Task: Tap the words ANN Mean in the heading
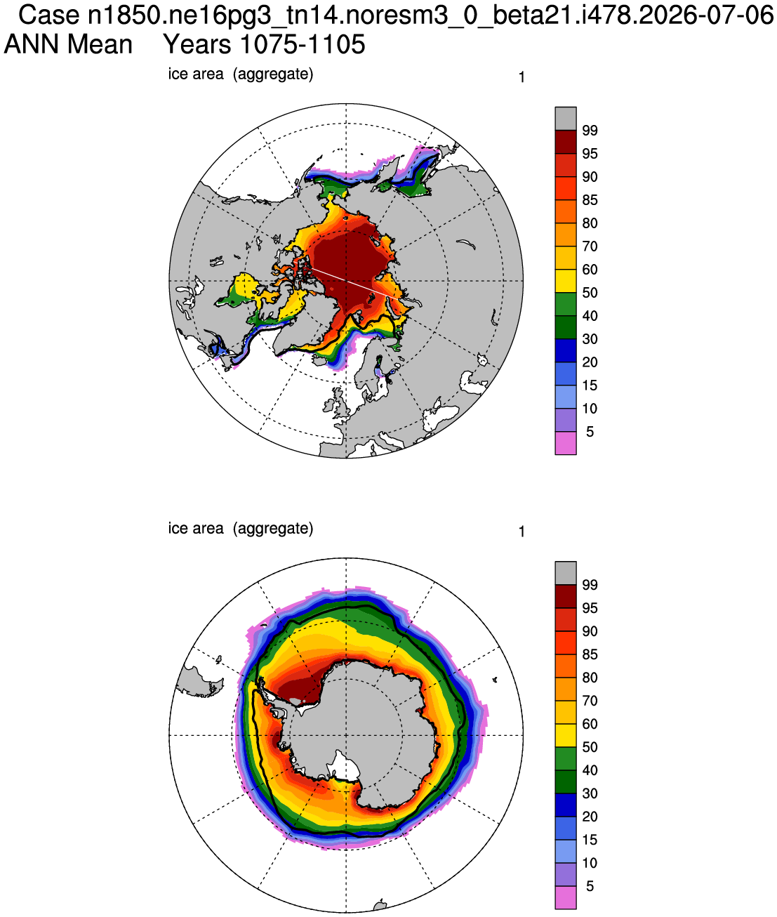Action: [x=68, y=44]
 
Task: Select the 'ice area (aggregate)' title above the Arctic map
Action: [x=240, y=74]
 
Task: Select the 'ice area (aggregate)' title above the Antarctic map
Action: [x=240, y=528]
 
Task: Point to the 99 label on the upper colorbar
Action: [x=590, y=131]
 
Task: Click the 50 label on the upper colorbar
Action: [x=590, y=292]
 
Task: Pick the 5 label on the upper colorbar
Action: [x=590, y=432]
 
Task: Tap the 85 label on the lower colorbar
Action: [x=590, y=654]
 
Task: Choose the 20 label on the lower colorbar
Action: [x=590, y=817]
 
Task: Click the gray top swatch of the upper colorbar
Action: [x=566, y=119]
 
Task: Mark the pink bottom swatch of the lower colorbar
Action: [x=566, y=897]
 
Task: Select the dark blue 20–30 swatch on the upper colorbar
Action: [x=566, y=350]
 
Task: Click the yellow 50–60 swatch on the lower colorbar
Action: [x=566, y=735]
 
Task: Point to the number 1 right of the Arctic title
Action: [x=522, y=77]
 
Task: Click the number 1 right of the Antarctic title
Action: [x=522, y=532]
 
